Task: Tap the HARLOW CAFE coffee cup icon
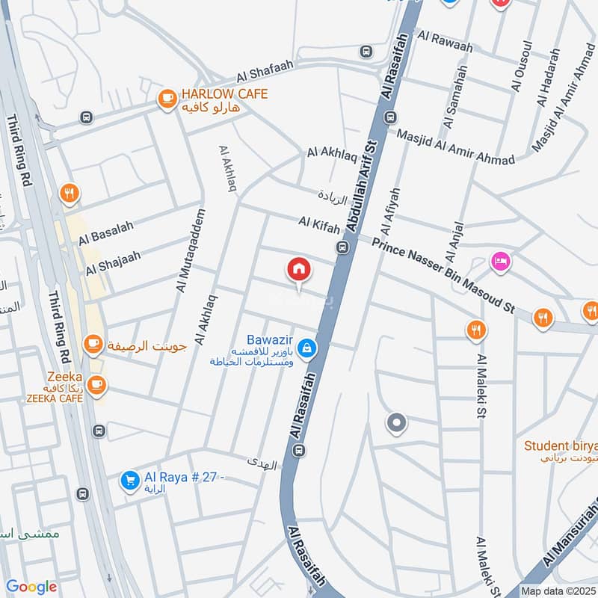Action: [166, 98]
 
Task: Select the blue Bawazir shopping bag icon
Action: [306, 348]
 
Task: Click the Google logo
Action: [31, 587]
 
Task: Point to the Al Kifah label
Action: [319, 223]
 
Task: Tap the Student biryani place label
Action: [560, 446]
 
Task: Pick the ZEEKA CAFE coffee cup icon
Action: [96, 384]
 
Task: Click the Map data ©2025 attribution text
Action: [558, 591]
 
